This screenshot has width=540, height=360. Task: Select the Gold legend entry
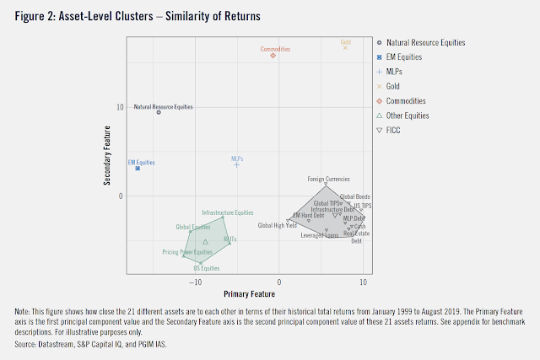pos(392,86)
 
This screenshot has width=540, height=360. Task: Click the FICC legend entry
pos(393,130)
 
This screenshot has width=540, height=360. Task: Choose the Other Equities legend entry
pos(408,116)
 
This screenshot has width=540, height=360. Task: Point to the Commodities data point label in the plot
pos(275,49)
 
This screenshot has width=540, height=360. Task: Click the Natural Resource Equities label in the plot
pos(164,107)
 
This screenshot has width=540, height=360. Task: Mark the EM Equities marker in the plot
pos(138,169)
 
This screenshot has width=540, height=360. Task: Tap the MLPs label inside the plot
pos(237,158)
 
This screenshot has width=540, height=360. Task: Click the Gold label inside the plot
pos(345,41)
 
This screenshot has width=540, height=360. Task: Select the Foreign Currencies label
pos(328,179)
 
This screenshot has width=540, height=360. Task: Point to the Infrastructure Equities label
pos(228,212)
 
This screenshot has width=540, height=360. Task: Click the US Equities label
pos(206,268)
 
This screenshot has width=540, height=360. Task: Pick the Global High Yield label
pos(277,225)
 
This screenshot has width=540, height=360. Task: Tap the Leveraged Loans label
pos(320,235)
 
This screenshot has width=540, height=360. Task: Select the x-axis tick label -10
pos(196,284)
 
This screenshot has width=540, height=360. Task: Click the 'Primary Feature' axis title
pos(249,294)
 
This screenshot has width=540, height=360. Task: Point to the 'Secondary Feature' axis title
pos(108,158)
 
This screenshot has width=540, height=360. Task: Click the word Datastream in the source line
pos(57,344)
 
